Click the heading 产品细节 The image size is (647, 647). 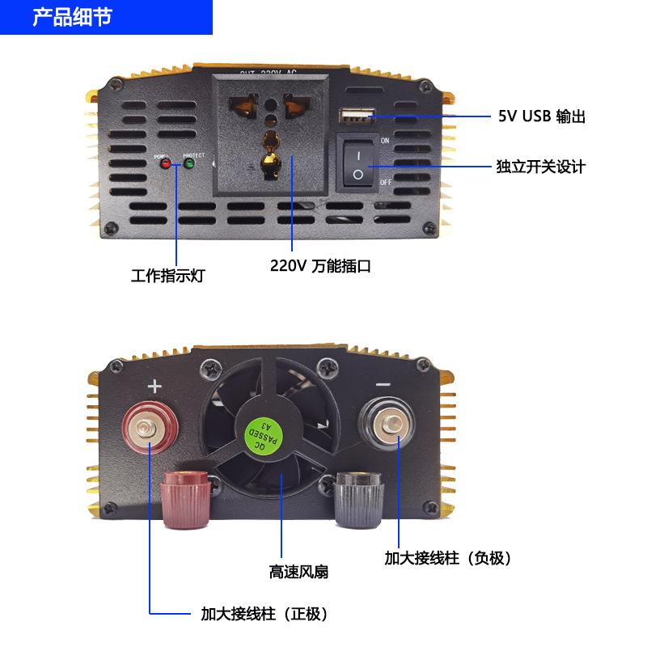pos(72,17)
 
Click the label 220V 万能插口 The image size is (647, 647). pos(321,265)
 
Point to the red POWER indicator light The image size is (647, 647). pos(166,164)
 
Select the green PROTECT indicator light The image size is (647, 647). pos(190,164)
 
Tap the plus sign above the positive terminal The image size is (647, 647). pos(155,387)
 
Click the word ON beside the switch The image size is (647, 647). pos(385,141)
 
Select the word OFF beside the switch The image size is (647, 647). pos(386,183)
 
